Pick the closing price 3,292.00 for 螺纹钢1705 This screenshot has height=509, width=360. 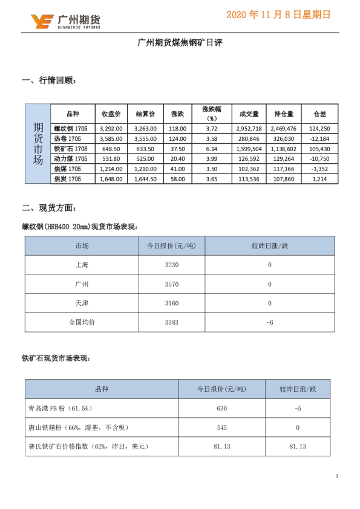coord(111,128)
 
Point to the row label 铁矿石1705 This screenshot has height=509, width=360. coord(71,148)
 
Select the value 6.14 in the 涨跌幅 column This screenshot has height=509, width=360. coord(211,148)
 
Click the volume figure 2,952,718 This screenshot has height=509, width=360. coord(249,128)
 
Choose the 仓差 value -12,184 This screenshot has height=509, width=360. coord(319,138)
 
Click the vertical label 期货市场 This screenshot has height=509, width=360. coord(38,144)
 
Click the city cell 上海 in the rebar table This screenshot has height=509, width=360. coord(82,265)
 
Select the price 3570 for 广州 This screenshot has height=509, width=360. coord(172,284)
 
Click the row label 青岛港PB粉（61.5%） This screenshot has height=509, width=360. coord(64,409)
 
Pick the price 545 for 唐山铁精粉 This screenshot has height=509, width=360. coord(221,427)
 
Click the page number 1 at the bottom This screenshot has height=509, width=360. coord(336,477)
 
